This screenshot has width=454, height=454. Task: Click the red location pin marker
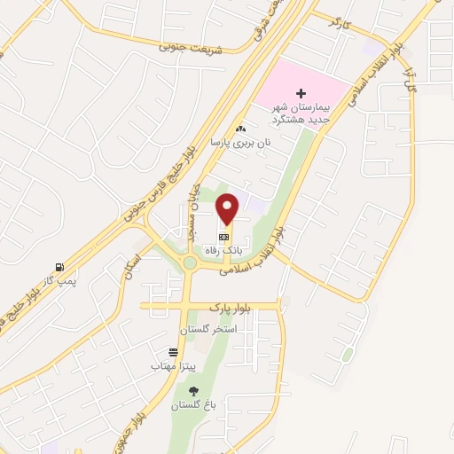[x=228, y=207]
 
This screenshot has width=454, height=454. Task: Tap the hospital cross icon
[x=301, y=93]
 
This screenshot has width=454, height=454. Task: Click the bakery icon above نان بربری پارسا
[x=240, y=129]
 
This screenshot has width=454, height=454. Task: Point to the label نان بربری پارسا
[x=240, y=142]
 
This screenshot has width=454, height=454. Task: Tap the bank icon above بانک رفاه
[x=224, y=238]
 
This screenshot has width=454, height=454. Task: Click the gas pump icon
[x=59, y=267]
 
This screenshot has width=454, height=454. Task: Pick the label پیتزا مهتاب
[x=167, y=365]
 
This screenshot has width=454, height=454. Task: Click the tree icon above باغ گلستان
[x=193, y=391]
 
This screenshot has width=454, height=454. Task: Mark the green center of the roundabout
[x=189, y=262]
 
